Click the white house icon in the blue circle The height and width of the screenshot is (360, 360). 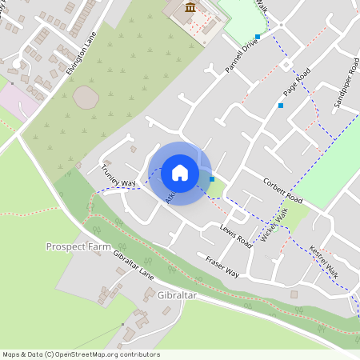180,173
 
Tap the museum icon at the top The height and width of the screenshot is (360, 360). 190,8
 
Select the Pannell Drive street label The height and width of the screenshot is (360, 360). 242,58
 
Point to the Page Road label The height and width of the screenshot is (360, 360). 296,84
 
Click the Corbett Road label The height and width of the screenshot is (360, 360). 283,190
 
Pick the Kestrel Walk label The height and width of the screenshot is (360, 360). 323,262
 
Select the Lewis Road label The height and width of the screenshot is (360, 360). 237,236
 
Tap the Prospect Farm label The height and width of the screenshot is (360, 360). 78,246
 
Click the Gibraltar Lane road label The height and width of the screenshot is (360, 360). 134,262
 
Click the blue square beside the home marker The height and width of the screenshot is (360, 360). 211,179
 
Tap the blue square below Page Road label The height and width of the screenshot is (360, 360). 281,106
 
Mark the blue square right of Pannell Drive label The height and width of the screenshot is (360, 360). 258,36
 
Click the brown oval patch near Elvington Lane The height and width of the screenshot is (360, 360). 86,97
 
